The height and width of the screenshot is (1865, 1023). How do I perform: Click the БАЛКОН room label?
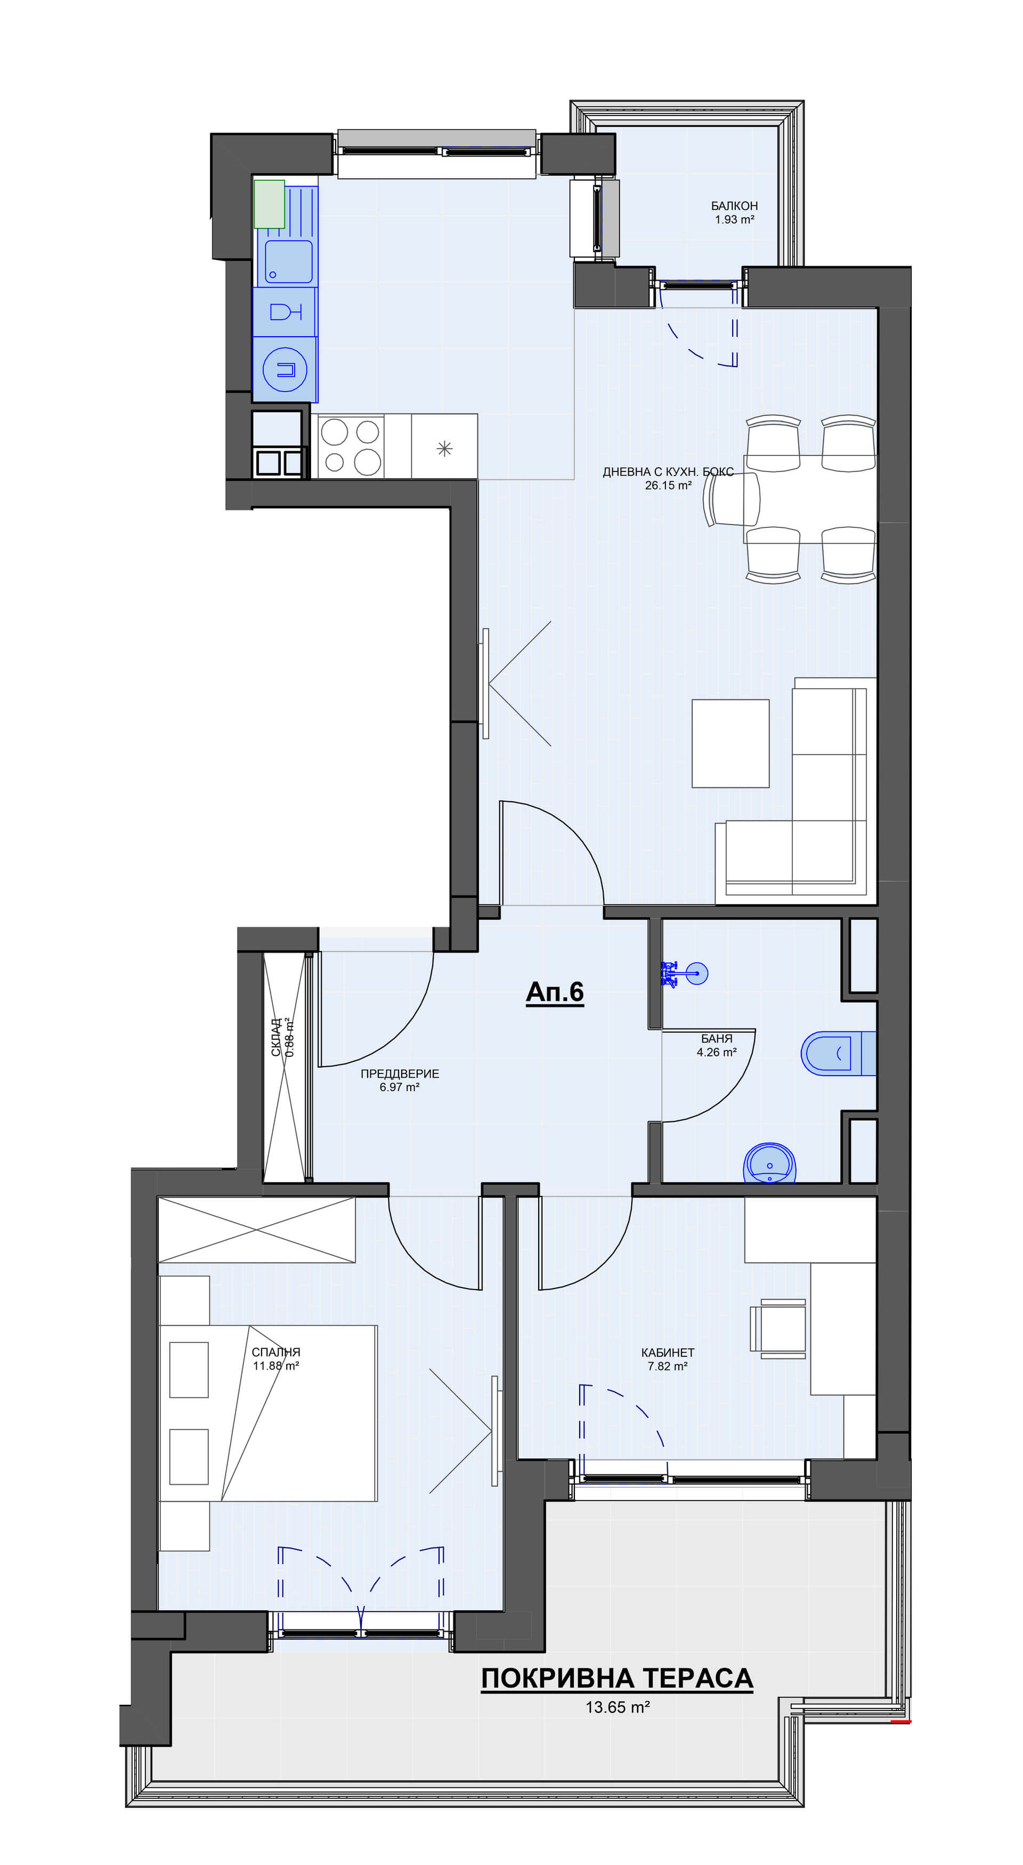pos(734,206)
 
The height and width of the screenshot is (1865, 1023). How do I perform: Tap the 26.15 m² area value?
pos(668,485)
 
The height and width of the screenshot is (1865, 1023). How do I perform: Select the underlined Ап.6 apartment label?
pos(555,992)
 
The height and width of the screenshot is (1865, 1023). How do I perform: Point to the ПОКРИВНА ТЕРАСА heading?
pos(617,1677)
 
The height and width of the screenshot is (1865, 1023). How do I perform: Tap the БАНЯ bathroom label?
pos(717,1038)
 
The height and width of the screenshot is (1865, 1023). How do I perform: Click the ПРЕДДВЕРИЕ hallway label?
pos(400,1074)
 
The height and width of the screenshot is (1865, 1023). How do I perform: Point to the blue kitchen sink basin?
pos(288,262)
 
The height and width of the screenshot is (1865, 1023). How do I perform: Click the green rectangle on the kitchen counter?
pos(269,204)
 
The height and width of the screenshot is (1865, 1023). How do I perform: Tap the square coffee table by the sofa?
pos(730,743)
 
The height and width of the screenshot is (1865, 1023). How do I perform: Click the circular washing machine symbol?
pos(285,370)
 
